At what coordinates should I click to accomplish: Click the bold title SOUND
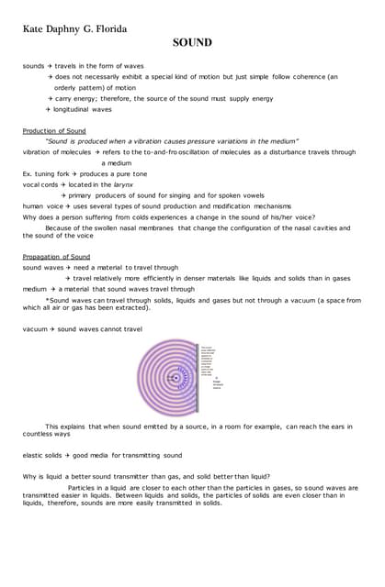[192, 42]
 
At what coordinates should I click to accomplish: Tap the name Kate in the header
[39, 28]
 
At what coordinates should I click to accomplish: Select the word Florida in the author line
[109, 28]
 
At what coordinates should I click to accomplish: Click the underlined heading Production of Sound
[54, 131]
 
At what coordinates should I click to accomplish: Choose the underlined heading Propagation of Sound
[56, 257]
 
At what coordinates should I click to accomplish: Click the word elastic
[34, 455]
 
